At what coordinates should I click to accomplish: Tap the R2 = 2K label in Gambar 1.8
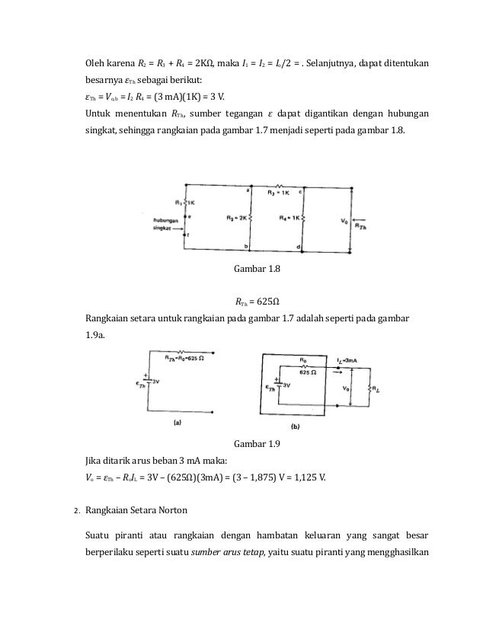click(x=238, y=218)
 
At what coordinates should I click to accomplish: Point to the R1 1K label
click(x=197, y=204)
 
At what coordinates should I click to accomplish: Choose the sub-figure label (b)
click(x=297, y=427)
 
